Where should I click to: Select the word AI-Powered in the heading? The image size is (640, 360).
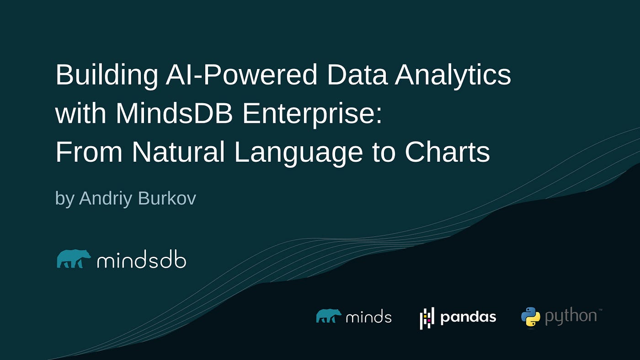pyautogui.click(x=241, y=74)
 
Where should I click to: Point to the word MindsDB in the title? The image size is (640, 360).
pyautogui.click(x=174, y=113)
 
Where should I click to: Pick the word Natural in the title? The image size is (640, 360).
pyautogui.click(x=178, y=152)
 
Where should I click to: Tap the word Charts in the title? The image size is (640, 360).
pyautogui.click(x=448, y=152)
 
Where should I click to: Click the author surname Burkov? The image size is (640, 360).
pyautogui.click(x=167, y=198)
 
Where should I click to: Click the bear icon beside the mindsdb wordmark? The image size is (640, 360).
pyautogui.click(x=74, y=259)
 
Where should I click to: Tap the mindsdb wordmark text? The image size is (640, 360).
pyautogui.click(x=142, y=259)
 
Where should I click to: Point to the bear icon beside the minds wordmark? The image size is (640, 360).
pyautogui.click(x=329, y=316)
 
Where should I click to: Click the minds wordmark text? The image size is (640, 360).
pyautogui.click(x=368, y=316)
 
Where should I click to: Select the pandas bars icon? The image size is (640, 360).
pyautogui.click(x=427, y=318)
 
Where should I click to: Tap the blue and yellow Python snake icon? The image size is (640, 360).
pyautogui.click(x=531, y=317)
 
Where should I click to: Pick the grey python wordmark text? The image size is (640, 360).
pyautogui.click(x=571, y=317)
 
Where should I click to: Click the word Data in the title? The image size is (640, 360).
pyautogui.click(x=357, y=75)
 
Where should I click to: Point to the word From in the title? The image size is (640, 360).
pyautogui.click(x=89, y=152)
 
